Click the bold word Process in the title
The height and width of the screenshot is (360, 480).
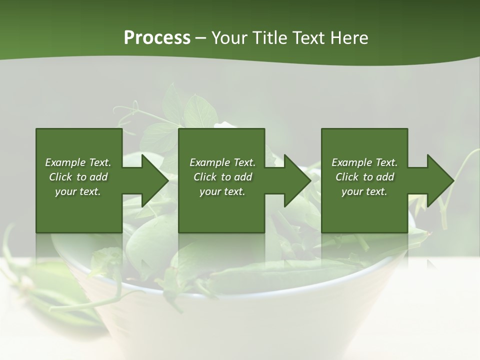coord(157,38)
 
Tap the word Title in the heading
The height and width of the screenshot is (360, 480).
coord(267,38)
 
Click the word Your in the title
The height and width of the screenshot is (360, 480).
coord(228,38)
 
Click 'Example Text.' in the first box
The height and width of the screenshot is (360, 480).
coord(78,162)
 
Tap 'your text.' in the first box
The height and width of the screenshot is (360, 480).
coord(78,191)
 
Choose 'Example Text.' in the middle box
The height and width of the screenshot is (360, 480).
coord(222,162)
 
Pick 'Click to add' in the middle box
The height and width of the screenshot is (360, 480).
coord(222,177)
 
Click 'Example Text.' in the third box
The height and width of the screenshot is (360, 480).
coord(364,162)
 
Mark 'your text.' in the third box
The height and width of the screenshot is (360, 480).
coord(364,191)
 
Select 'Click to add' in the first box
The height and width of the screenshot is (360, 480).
coord(78,177)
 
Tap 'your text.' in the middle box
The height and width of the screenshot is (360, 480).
coord(222,191)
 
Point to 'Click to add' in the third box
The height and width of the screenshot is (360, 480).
coord(364,177)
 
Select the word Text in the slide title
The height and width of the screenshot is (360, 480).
coord(307,38)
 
